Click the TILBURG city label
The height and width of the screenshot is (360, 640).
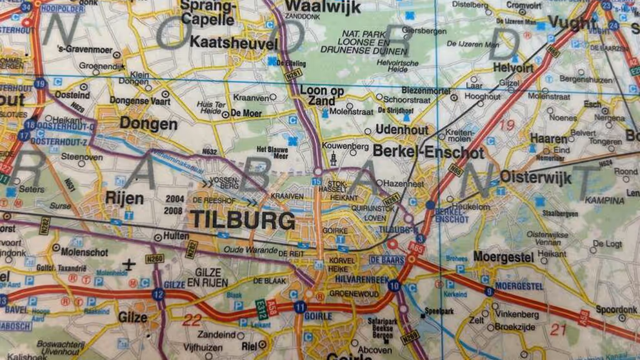point(243,220)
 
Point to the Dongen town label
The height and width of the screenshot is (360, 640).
point(148,124)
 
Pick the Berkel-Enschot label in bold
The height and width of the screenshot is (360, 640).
point(428,153)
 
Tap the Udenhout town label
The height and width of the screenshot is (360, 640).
point(402,130)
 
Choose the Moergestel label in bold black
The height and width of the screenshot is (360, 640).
point(503,257)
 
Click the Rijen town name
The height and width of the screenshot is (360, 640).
point(124,198)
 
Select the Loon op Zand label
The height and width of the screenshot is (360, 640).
point(317,96)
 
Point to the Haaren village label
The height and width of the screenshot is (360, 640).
point(548,138)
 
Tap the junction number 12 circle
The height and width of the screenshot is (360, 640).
point(158,294)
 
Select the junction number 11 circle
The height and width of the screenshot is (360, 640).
point(299,307)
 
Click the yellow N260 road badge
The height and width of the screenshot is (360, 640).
point(154,259)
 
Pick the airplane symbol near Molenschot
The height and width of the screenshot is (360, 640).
point(129,264)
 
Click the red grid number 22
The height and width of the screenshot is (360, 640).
point(192,319)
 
